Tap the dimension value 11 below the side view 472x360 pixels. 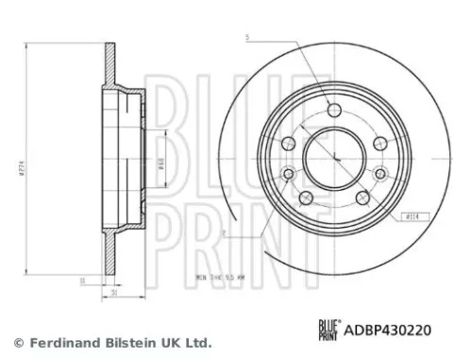[x=83, y=280]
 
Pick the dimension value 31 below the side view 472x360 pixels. [x=116, y=292]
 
